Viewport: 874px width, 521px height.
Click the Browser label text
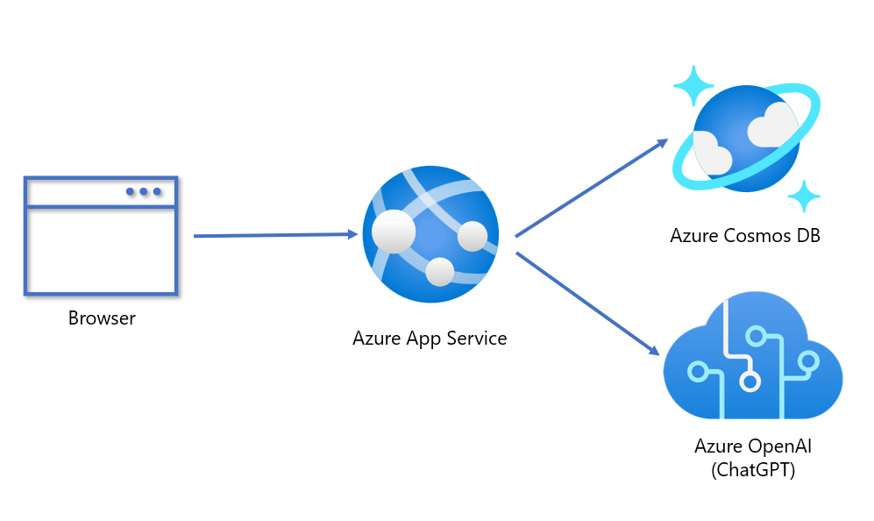click(x=102, y=318)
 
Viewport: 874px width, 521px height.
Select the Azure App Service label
click(x=430, y=338)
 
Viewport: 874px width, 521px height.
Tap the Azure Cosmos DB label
click(x=744, y=235)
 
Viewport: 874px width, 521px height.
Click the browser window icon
click(x=101, y=236)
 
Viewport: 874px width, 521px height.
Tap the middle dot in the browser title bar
click(x=144, y=191)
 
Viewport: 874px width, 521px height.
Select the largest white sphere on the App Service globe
click(x=393, y=232)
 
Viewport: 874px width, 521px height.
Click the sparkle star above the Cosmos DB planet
click(x=693, y=85)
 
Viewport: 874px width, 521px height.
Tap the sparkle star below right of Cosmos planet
click(x=802, y=196)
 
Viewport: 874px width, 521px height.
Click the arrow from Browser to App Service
click(x=276, y=235)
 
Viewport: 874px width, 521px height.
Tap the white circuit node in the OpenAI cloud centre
click(x=750, y=382)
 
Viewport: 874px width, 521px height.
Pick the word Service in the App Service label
click(x=478, y=338)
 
